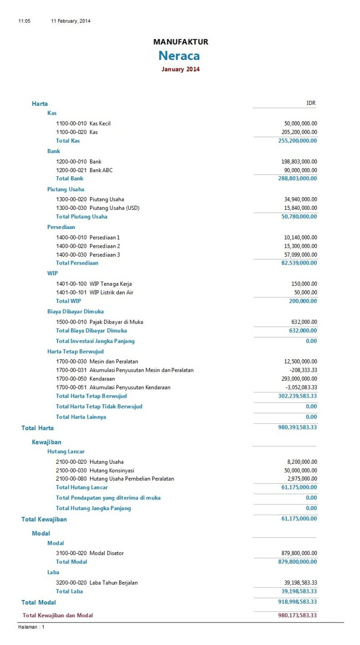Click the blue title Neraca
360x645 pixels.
[x=179, y=56]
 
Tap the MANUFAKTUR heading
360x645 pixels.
[x=180, y=42]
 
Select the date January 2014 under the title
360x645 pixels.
[x=180, y=69]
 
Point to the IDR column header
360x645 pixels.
[x=311, y=103]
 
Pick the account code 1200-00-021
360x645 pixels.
[x=71, y=170]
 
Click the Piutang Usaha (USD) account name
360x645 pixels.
[x=114, y=208]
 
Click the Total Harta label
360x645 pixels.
[x=37, y=428]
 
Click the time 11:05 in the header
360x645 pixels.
[x=24, y=21]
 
